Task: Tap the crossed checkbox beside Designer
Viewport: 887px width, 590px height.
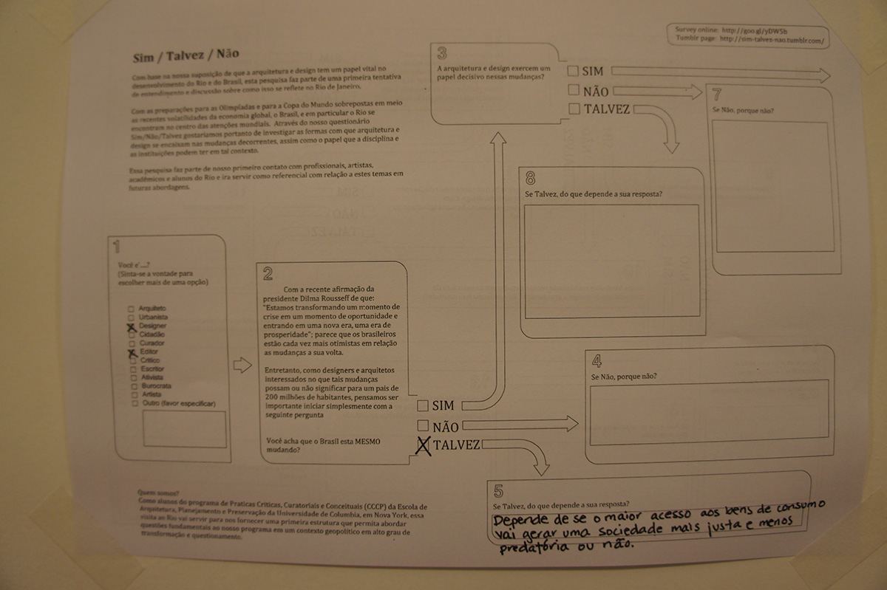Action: pos(131,326)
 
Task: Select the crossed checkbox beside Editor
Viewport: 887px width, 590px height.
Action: pos(132,353)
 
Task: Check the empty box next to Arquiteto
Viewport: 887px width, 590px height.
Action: pos(131,309)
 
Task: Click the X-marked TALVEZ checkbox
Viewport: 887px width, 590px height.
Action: pos(424,445)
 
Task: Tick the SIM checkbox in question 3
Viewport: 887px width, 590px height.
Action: pos(573,72)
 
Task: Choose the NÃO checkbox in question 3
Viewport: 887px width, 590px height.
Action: pos(573,91)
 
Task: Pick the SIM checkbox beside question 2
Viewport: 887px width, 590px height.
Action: pos(423,405)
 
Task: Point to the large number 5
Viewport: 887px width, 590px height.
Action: pos(498,490)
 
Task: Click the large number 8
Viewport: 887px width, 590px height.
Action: pos(531,178)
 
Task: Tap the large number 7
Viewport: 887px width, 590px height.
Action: pos(718,95)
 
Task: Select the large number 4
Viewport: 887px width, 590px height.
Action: pos(596,360)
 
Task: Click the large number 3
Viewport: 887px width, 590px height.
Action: pos(442,53)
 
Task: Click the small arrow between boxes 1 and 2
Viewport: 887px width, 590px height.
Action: pos(242,365)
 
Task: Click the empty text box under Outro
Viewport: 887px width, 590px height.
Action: pos(185,428)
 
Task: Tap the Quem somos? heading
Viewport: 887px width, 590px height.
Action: pos(158,493)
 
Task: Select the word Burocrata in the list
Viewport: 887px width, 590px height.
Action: pos(157,386)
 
